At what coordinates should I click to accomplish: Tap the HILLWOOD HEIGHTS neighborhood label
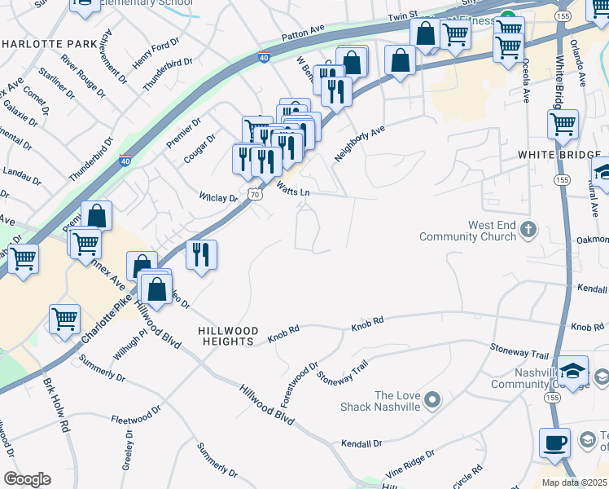click(x=229, y=336)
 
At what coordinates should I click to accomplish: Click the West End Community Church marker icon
click(x=528, y=231)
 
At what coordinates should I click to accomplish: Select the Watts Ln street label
click(x=294, y=191)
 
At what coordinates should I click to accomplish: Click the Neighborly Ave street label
click(x=360, y=143)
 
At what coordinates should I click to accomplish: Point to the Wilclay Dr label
click(x=218, y=197)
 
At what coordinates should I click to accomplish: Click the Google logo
click(x=27, y=479)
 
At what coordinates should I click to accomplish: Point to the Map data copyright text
click(x=574, y=482)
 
